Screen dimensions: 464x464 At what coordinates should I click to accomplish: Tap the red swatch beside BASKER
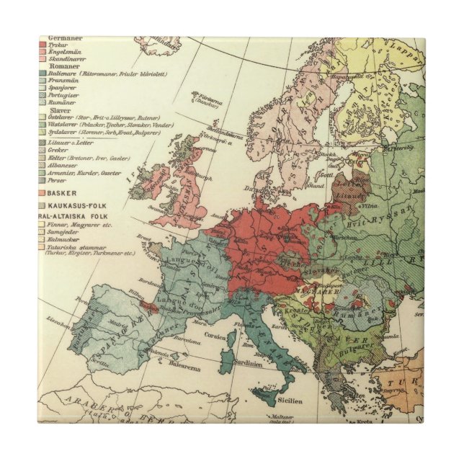[x=42, y=194]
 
